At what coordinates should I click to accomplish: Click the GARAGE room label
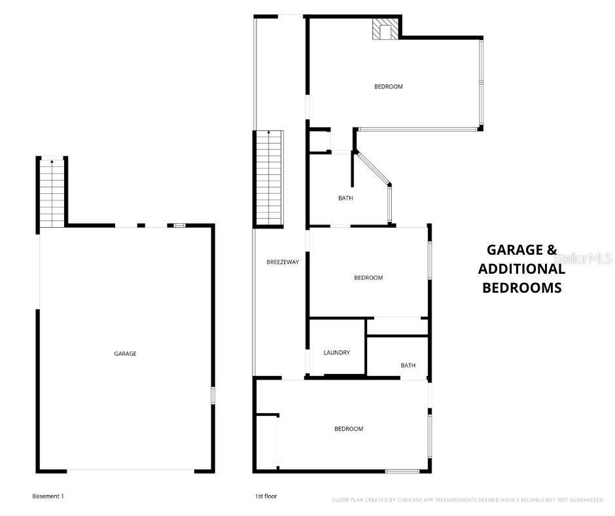(x=125, y=354)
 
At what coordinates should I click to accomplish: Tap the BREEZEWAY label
(x=283, y=263)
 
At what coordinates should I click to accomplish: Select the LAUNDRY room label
(x=336, y=353)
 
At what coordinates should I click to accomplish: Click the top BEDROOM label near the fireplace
(x=388, y=86)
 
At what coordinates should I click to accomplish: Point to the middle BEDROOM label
(x=368, y=278)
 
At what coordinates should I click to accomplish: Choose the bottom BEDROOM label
(x=349, y=429)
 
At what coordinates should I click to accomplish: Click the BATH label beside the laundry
(x=408, y=365)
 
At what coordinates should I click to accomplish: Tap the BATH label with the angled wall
(x=345, y=198)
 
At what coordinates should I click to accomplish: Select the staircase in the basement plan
(x=52, y=193)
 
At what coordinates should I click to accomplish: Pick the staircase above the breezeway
(x=269, y=177)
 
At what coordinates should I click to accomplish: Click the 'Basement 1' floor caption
(x=48, y=496)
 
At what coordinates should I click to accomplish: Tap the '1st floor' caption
(x=266, y=496)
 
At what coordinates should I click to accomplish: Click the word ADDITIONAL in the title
(x=521, y=268)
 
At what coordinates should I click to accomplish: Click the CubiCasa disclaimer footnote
(x=468, y=500)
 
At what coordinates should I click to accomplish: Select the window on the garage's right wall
(x=213, y=396)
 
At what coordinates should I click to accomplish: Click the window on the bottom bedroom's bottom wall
(x=402, y=471)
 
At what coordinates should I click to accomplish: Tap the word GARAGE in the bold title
(x=514, y=249)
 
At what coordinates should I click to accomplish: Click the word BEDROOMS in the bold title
(x=521, y=287)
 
